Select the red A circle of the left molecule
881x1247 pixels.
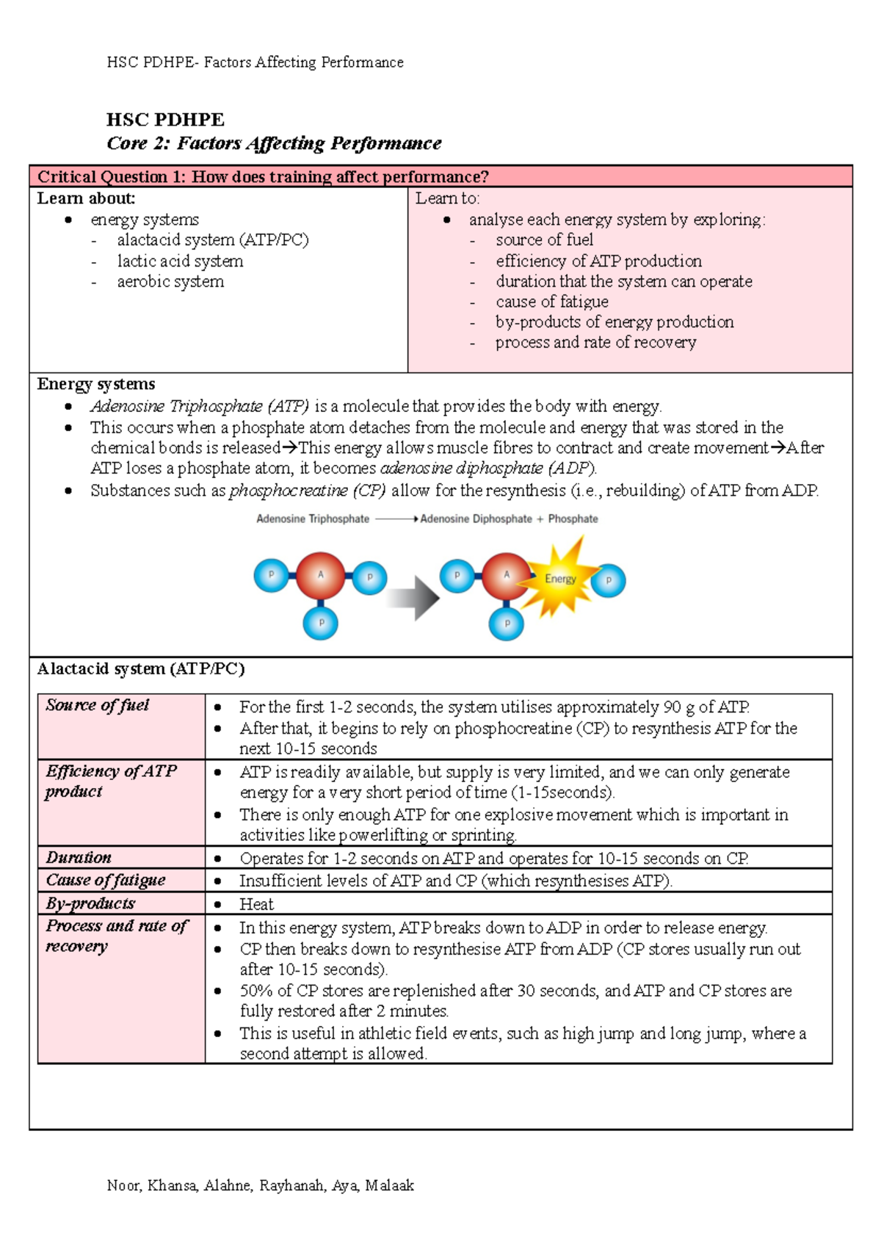pos(320,576)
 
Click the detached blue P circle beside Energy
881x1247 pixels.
pos(609,580)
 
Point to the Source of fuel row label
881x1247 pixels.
pos(97,705)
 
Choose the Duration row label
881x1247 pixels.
pos(79,857)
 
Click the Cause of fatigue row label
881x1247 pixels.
pos(106,880)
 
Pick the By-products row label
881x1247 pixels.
pos(90,903)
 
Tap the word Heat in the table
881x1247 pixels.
pos(256,904)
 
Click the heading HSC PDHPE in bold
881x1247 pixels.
pos(165,120)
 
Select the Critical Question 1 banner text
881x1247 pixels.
pos(263,176)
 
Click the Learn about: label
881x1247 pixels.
pos(86,198)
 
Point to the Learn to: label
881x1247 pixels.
pos(447,198)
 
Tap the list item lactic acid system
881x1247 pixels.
pos(180,261)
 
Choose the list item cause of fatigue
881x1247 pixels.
pos(551,302)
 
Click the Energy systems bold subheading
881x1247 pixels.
pos(96,384)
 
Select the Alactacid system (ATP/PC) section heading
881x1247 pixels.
pos(141,668)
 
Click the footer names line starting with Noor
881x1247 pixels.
pos(261,1185)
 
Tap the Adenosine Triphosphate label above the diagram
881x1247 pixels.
pos(313,518)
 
